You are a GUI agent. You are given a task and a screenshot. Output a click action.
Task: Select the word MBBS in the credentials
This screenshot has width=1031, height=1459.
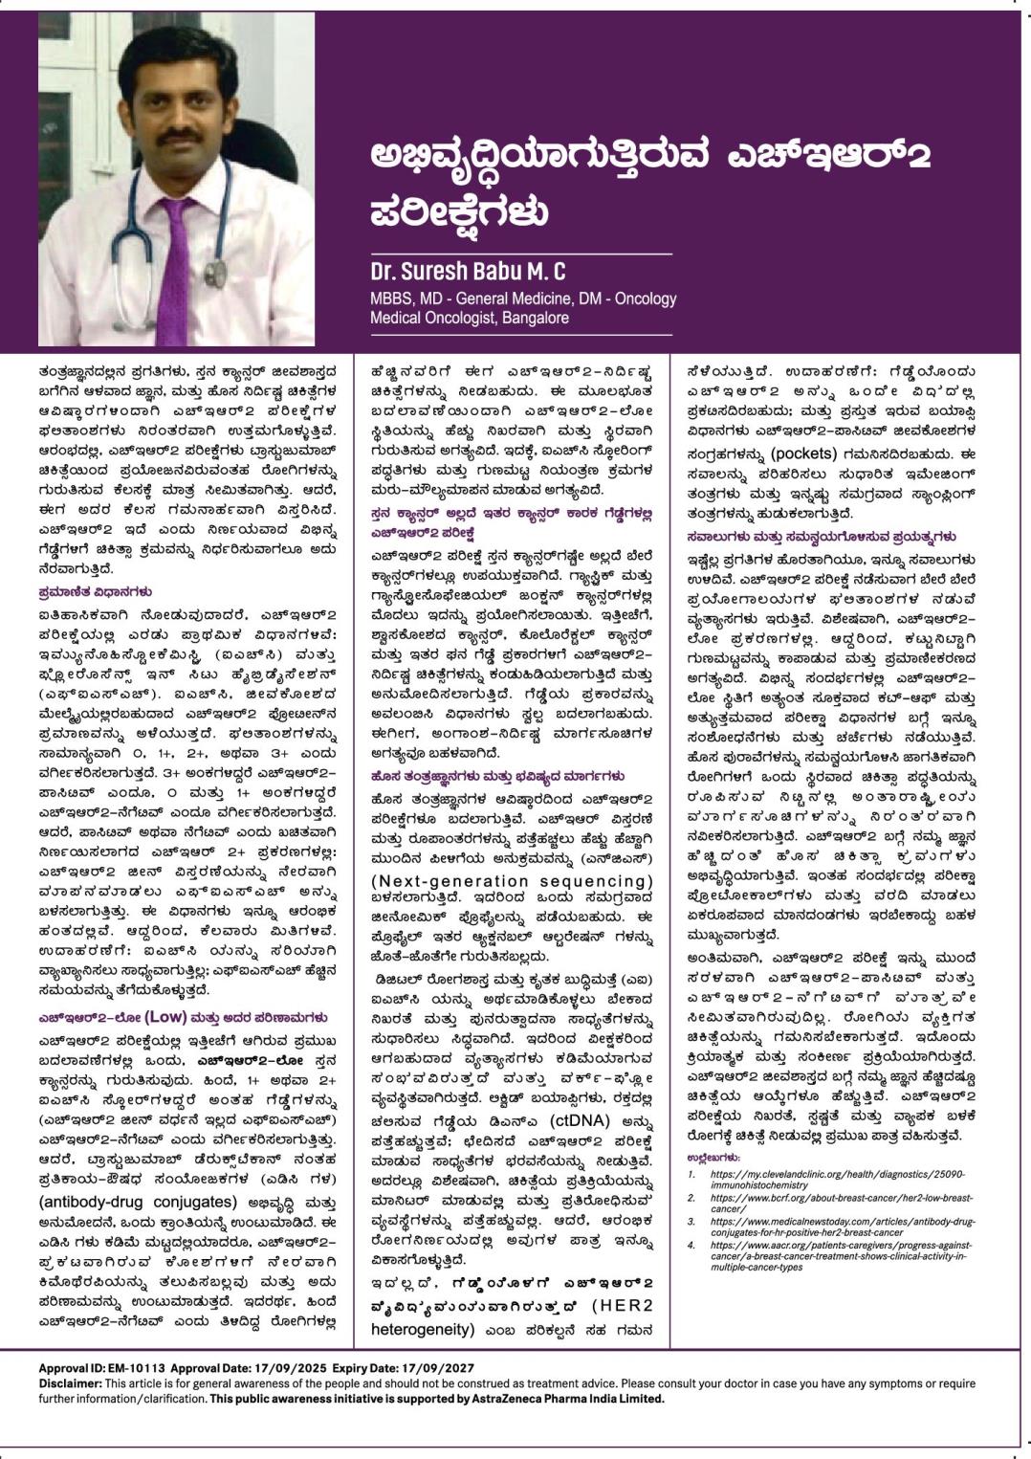tap(389, 298)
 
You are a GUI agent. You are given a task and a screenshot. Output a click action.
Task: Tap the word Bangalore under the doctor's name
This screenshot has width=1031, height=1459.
tap(536, 318)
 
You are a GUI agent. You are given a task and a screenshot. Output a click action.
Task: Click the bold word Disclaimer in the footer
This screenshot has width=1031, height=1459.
tap(70, 1383)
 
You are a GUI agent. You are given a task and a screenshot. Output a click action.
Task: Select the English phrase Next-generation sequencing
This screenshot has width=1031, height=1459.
tap(512, 881)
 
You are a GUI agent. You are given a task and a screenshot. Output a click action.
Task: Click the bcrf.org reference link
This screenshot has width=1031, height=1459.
tap(842, 1203)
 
